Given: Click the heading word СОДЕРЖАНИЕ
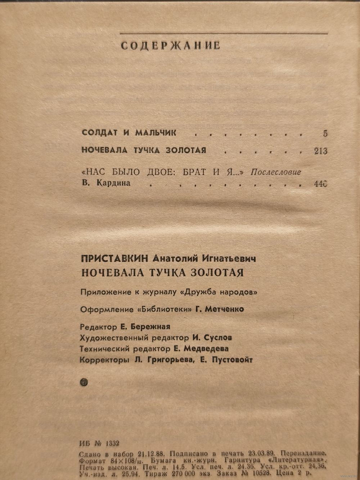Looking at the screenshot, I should pyautogui.click(x=170, y=46).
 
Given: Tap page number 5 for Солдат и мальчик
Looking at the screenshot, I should pyautogui.click(x=325, y=134).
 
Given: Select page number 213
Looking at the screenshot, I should pyautogui.click(x=320, y=151).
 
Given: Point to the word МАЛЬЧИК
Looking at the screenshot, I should pyautogui.click(x=156, y=133).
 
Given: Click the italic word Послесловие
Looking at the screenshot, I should pyautogui.click(x=275, y=172).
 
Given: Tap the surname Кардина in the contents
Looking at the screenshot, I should pyautogui.click(x=113, y=184).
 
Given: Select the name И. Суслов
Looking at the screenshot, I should pyautogui.click(x=212, y=338).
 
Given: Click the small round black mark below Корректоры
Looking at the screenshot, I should pyautogui.click(x=84, y=382).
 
